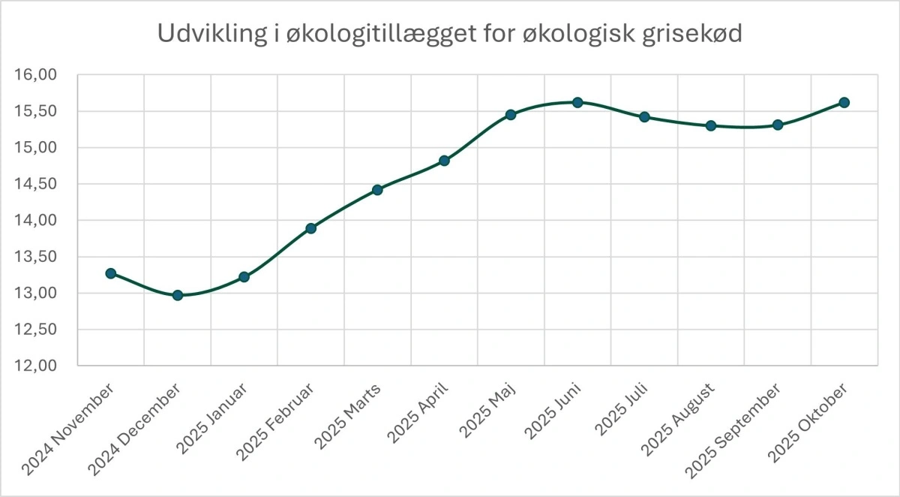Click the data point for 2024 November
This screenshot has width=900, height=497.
(111, 273)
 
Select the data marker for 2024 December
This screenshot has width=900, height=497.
(178, 295)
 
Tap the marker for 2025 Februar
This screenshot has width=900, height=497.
(311, 228)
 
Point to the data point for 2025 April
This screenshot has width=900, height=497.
(445, 161)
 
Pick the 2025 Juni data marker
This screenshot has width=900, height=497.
(577, 102)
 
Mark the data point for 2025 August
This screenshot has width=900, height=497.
(711, 125)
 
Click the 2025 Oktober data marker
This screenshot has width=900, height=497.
(844, 102)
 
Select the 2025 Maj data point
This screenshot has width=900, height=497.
(511, 115)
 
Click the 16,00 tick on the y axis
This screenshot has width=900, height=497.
(35, 75)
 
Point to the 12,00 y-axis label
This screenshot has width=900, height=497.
(35, 366)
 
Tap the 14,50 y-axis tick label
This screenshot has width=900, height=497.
(35, 184)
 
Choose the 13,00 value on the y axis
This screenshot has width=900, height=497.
(35, 293)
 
